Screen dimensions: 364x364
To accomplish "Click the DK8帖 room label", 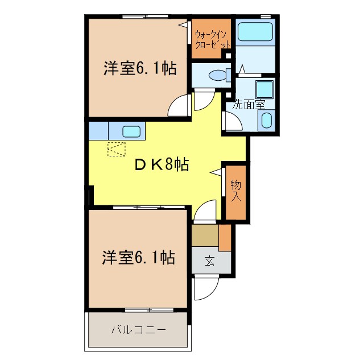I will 161,165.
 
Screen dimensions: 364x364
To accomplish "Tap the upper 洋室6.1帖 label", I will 139,69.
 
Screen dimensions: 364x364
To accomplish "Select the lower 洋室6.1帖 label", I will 138,258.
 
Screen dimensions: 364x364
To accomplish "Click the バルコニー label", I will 138,329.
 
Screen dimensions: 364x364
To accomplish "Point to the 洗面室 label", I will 249,105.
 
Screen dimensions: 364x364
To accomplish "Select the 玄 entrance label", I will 210,262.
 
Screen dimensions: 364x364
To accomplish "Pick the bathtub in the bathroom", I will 255,32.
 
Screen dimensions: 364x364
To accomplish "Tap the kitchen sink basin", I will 131,131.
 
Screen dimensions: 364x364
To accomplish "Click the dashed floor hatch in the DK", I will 116,150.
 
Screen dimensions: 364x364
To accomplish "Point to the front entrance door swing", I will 202,288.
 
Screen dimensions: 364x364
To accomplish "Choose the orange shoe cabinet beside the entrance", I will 225,238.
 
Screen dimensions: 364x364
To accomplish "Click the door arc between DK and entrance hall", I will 205,211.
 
